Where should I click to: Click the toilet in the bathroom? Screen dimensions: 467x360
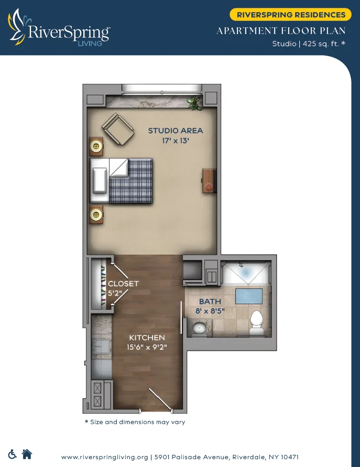coord(256,321)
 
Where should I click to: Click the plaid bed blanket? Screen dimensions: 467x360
coord(130,181)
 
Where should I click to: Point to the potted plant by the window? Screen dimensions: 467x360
coord(195,103)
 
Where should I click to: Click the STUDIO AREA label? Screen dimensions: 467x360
coord(175,131)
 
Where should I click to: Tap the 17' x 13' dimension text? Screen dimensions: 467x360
coord(175,140)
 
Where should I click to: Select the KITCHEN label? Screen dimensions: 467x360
coord(147,338)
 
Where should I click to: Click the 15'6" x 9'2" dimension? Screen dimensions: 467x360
coord(147,347)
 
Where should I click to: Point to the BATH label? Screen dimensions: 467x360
coord(210,302)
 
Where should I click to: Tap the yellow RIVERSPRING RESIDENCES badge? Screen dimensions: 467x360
coord(291,15)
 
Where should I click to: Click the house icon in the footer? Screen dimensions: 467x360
coord(27,454)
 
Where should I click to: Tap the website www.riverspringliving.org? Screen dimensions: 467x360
coord(105,457)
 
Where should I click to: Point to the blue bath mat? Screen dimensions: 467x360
coord(249,295)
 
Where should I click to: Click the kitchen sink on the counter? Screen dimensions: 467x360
coord(101,347)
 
